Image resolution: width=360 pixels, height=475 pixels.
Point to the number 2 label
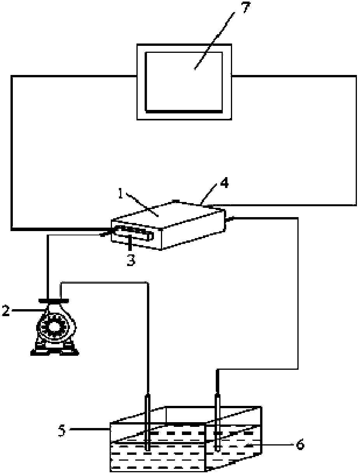click(5, 311)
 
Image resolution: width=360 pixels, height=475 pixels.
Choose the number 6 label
click(300, 444)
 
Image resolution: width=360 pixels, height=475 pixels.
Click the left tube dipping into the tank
click(148, 421)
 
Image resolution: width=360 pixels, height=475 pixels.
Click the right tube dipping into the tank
click(217, 421)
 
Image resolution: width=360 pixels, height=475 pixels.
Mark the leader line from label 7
click(216, 39)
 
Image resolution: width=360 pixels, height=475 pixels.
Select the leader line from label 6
click(272, 444)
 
